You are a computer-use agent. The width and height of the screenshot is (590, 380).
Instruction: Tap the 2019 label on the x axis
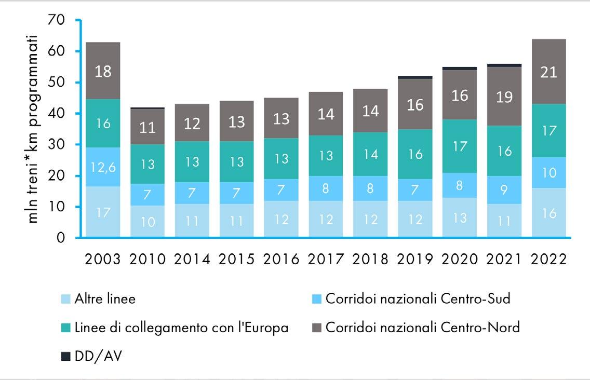click(x=414, y=259)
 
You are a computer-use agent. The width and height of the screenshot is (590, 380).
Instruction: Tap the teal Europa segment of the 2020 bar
click(x=459, y=146)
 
